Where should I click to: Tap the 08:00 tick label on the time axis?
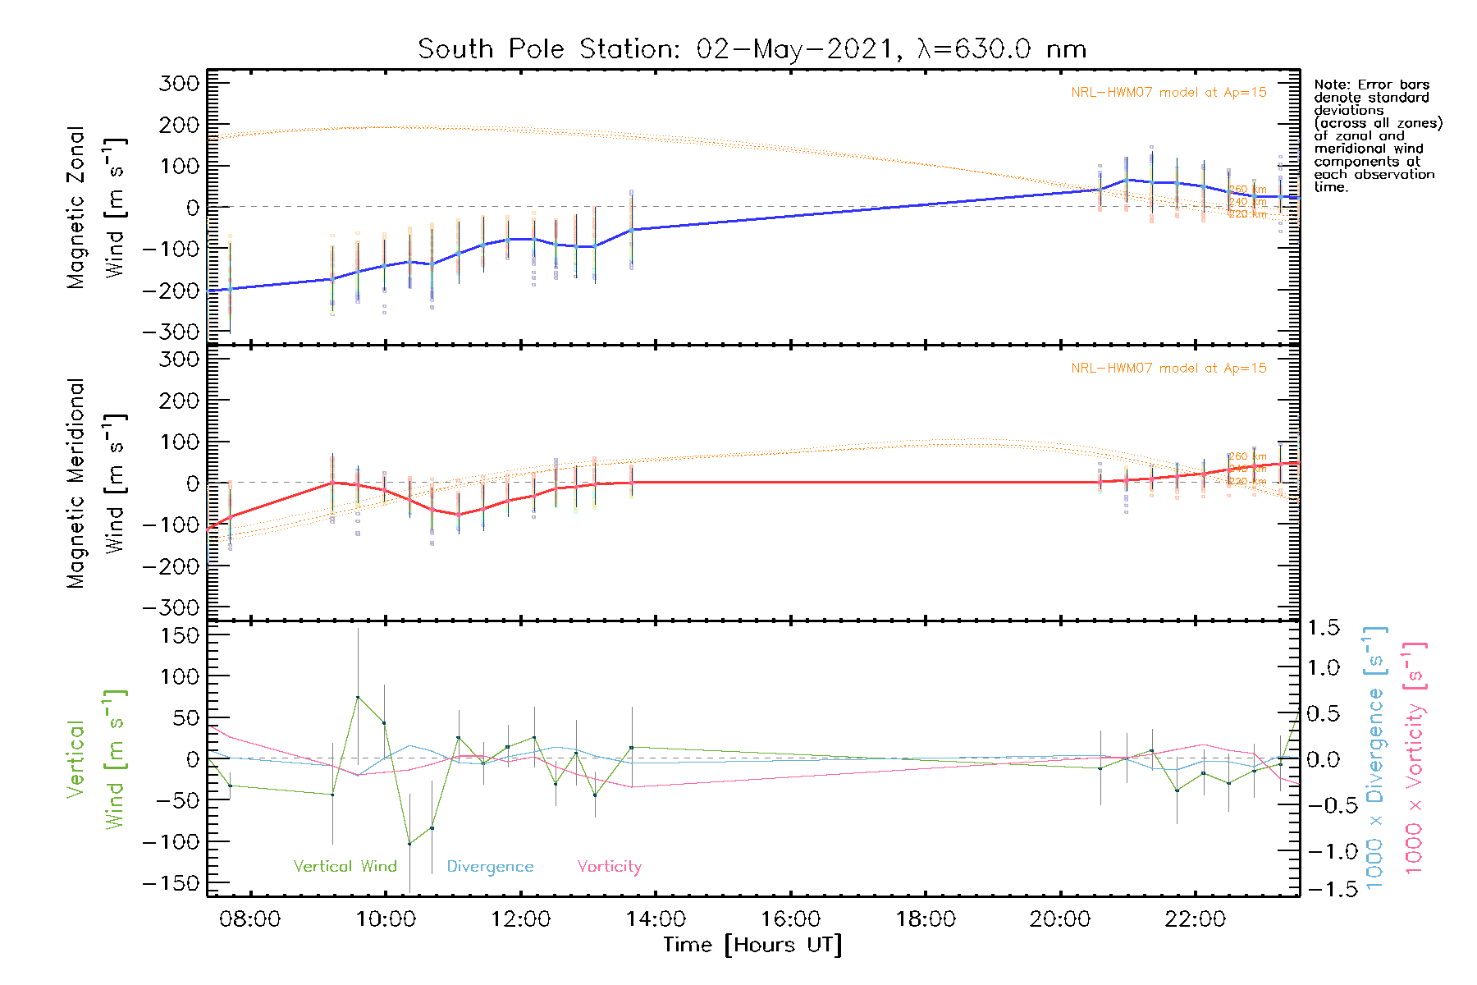pos(249,919)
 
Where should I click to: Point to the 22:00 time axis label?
pos(1195,919)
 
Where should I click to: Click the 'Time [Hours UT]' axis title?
pos(752,945)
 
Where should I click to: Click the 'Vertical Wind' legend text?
pos(345,866)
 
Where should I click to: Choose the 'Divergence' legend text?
pos(490,867)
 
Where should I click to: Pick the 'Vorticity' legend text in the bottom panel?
pos(609,866)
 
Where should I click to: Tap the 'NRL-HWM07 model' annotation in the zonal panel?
pos(1168,93)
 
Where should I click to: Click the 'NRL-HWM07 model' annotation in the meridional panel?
pos(1168,369)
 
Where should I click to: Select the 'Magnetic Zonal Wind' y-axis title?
pos(97,208)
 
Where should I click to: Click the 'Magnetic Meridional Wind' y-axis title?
pos(97,483)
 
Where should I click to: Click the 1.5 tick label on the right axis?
pos(1323,628)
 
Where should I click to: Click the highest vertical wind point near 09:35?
pos(358,697)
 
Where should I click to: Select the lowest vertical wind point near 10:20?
pos(409,844)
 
